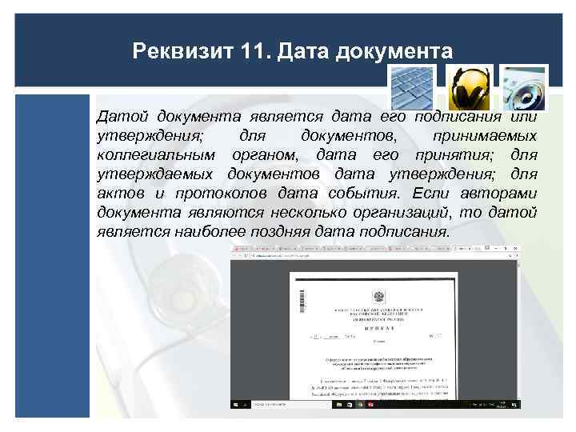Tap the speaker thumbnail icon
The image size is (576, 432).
tap(524, 87)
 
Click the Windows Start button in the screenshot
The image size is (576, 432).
tap(236, 404)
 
